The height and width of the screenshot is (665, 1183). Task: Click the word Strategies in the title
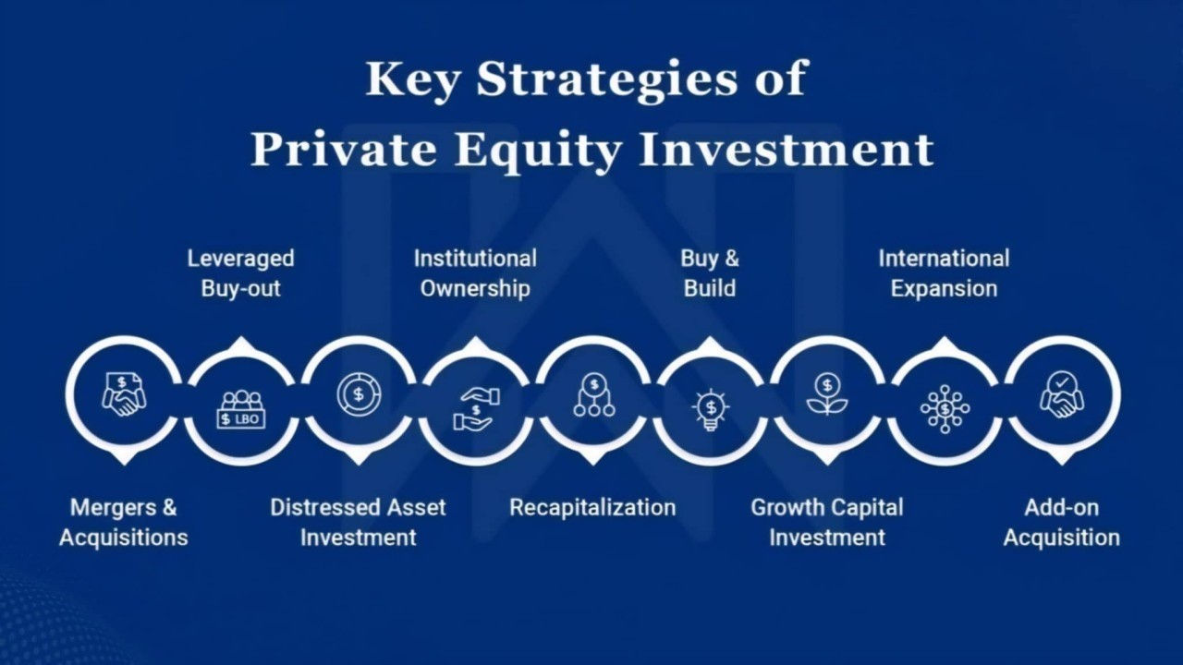[x=607, y=80]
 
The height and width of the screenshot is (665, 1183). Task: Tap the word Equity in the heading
[x=540, y=150]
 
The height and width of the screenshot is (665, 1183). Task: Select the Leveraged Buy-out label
[x=241, y=273]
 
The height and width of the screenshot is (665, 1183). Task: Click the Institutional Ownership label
[x=475, y=273]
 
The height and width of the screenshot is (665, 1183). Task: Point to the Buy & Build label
[x=710, y=273]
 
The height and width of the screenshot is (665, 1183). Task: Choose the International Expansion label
[x=945, y=273]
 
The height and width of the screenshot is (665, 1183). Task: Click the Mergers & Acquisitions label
[x=124, y=523]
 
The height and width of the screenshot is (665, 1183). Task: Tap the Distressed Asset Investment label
[x=358, y=523]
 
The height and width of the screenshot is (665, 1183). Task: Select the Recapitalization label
[x=592, y=508]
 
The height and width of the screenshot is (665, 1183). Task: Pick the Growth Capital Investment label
[x=827, y=523]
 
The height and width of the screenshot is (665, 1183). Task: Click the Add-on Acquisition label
[x=1062, y=523]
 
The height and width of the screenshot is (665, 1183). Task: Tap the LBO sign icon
[x=241, y=409]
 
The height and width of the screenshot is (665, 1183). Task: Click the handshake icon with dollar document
[x=124, y=394]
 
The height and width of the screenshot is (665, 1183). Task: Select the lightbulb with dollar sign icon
[x=711, y=409]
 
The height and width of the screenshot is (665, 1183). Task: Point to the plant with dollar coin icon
[x=827, y=394]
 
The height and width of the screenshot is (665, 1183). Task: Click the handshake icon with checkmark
[x=1062, y=394]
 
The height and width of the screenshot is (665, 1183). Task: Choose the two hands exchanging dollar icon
[x=476, y=409]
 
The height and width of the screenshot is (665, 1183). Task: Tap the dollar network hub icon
[x=945, y=409]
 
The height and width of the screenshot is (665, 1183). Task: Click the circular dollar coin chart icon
[x=359, y=394]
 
